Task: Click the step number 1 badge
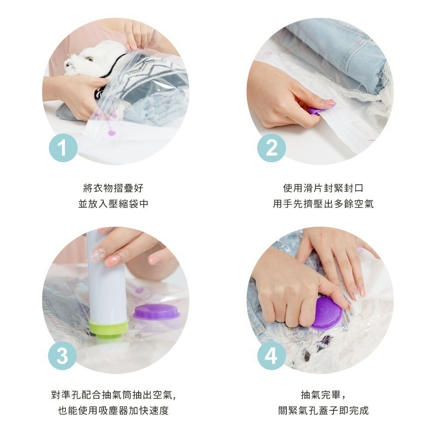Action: (x=63, y=148)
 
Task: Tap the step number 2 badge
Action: (x=271, y=148)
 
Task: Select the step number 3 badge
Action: (x=62, y=356)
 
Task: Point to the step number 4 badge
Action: (x=271, y=356)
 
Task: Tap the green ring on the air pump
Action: (x=109, y=329)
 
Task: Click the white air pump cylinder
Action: (x=106, y=281)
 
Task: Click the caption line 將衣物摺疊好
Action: (x=113, y=188)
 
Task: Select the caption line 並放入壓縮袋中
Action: (x=113, y=204)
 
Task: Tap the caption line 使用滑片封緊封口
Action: (x=323, y=188)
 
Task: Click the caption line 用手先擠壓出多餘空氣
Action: (x=323, y=204)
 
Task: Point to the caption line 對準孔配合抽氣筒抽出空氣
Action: (x=113, y=395)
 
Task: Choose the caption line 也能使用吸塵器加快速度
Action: (x=113, y=411)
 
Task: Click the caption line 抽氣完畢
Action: (x=324, y=395)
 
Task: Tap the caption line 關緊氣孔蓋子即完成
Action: (x=324, y=411)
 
